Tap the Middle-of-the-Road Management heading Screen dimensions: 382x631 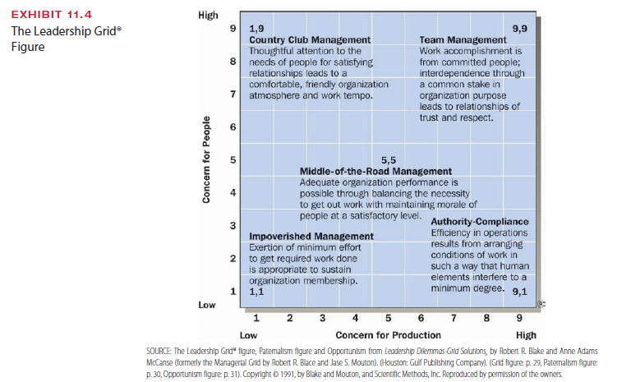[376, 170]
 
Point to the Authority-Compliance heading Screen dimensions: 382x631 [480, 222]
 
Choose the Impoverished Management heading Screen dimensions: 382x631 [311, 237]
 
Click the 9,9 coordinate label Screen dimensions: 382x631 [520, 29]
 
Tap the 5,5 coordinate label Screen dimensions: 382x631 [390, 159]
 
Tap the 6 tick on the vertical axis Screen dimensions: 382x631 [233, 127]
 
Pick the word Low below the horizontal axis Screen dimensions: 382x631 [248, 335]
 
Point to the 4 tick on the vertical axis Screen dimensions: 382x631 [233, 192]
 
